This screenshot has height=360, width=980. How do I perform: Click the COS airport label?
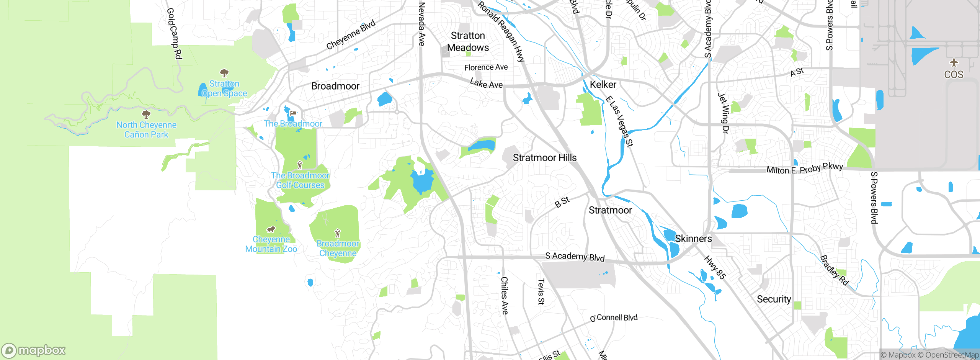tap(953, 74)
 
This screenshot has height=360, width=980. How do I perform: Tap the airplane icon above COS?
tap(954, 62)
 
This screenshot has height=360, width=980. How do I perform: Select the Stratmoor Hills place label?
tap(544, 158)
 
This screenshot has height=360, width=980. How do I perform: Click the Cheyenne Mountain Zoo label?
tap(271, 244)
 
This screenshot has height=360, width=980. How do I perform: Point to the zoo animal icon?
tap(271, 229)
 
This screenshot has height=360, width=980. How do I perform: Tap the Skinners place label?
tap(693, 239)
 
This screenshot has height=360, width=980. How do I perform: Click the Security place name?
tap(774, 299)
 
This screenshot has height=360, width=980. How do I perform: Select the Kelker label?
tap(603, 85)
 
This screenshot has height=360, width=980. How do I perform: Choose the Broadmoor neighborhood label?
tap(335, 86)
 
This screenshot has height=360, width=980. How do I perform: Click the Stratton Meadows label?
tap(468, 42)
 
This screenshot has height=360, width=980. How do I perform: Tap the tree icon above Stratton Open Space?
tap(224, 72)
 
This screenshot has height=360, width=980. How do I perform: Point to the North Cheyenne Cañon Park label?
tap(146, 130)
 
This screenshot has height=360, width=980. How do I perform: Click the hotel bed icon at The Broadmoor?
tap(293, 113)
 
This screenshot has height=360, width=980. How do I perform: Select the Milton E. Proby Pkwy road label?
tap(805, 169)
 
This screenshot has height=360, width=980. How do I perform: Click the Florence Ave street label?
tap(486, 67)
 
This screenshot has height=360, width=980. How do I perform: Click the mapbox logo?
tap(34, 350)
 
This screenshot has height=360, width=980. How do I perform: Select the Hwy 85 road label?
tap(715, 268)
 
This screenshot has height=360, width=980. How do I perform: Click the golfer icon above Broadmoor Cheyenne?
tap(337, 233)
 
